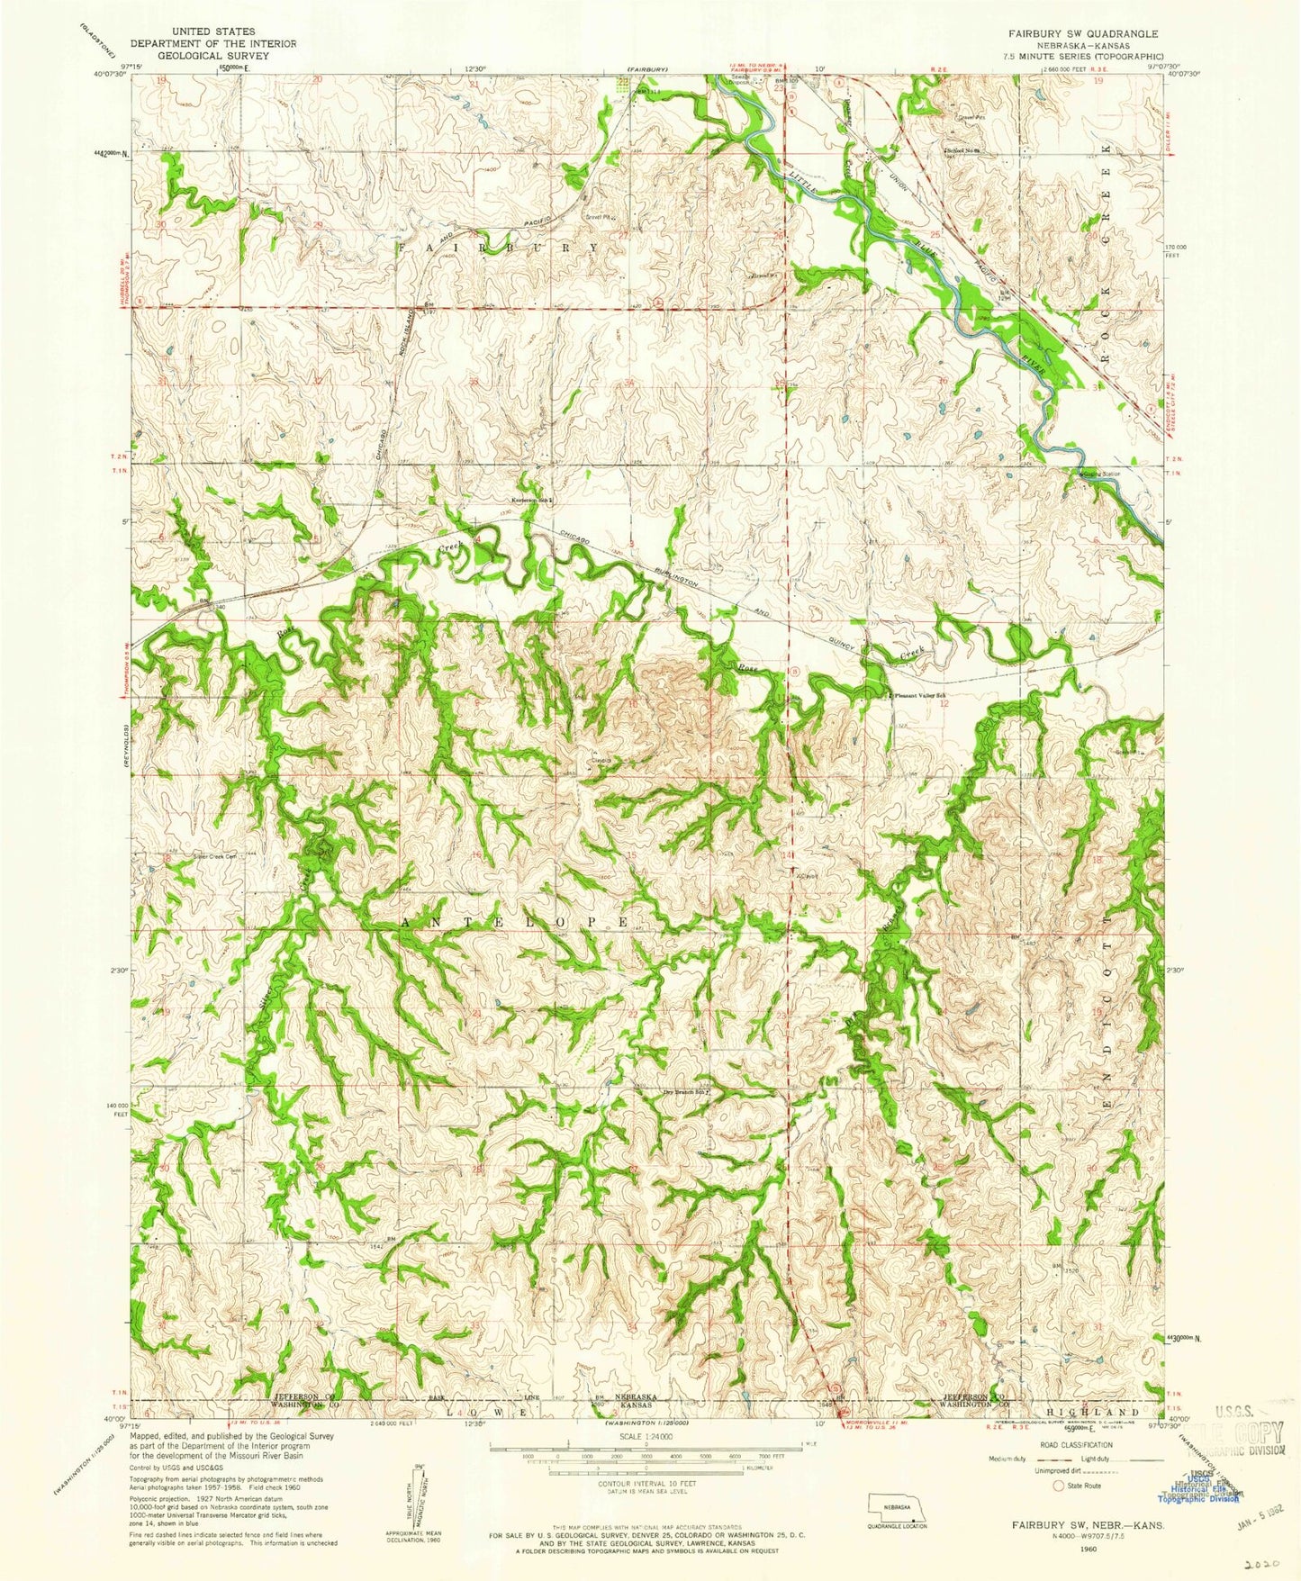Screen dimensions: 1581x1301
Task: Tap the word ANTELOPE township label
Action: tap(513, 923)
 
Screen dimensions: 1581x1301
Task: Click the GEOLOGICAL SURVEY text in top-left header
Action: tap(194, 53)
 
